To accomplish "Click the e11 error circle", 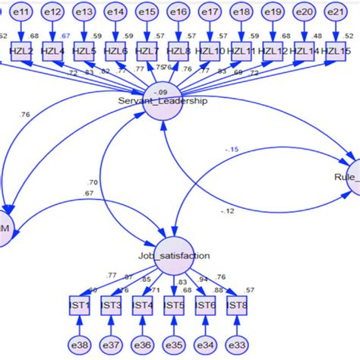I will tap(22, 12).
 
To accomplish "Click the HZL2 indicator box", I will tap(22, 51).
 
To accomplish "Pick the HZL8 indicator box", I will tap(178, 51).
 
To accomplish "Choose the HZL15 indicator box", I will tap(335, 51).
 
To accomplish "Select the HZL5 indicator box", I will tap(84, 51).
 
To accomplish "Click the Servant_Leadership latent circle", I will tap(163, 100).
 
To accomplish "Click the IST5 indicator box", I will tap(174, 305).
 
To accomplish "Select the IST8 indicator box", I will tap(238, 305).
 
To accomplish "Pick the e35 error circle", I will tap(174, 346).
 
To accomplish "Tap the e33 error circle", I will tap(238, 346).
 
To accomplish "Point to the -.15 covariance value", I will tap(232, 150).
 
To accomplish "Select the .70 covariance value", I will tap(92, 182).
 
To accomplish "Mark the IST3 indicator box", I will tap(111, 305).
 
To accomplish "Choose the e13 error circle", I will tap(84, 12).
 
